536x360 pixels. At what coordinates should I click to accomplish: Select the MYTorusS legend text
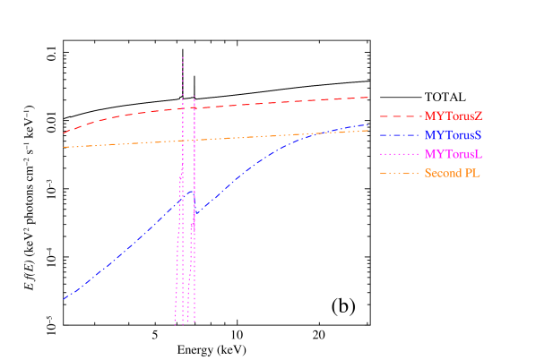click(x=454, y=135)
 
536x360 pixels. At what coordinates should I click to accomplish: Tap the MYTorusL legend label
click(x=454, y=155)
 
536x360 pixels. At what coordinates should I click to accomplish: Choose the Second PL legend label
click(x=453, y=174)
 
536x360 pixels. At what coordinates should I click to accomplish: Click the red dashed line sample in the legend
click(x=399, y=116)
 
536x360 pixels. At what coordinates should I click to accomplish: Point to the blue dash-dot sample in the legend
click(x=399, y=135)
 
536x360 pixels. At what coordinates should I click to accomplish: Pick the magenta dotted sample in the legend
click(x=399, y=155)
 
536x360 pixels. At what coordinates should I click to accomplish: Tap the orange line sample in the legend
click(x=399, y=174)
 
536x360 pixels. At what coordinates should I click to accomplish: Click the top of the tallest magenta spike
click(x=183, y=57)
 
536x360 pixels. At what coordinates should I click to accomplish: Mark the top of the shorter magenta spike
click(x=195, y=93)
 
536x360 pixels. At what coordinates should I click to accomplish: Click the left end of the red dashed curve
click(x=64, y=133)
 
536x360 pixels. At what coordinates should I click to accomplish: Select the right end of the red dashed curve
click(x=368, y=97)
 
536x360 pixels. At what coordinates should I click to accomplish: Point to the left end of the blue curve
click(x=64, y=299)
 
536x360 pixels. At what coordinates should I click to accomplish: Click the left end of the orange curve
click(x=64, y=147)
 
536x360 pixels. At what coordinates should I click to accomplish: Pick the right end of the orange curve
click(x=368, y=131)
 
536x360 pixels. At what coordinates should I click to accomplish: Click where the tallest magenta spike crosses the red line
click(x=183, y=108)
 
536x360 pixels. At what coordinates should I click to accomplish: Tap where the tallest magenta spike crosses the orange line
click(x=183, y=141)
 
